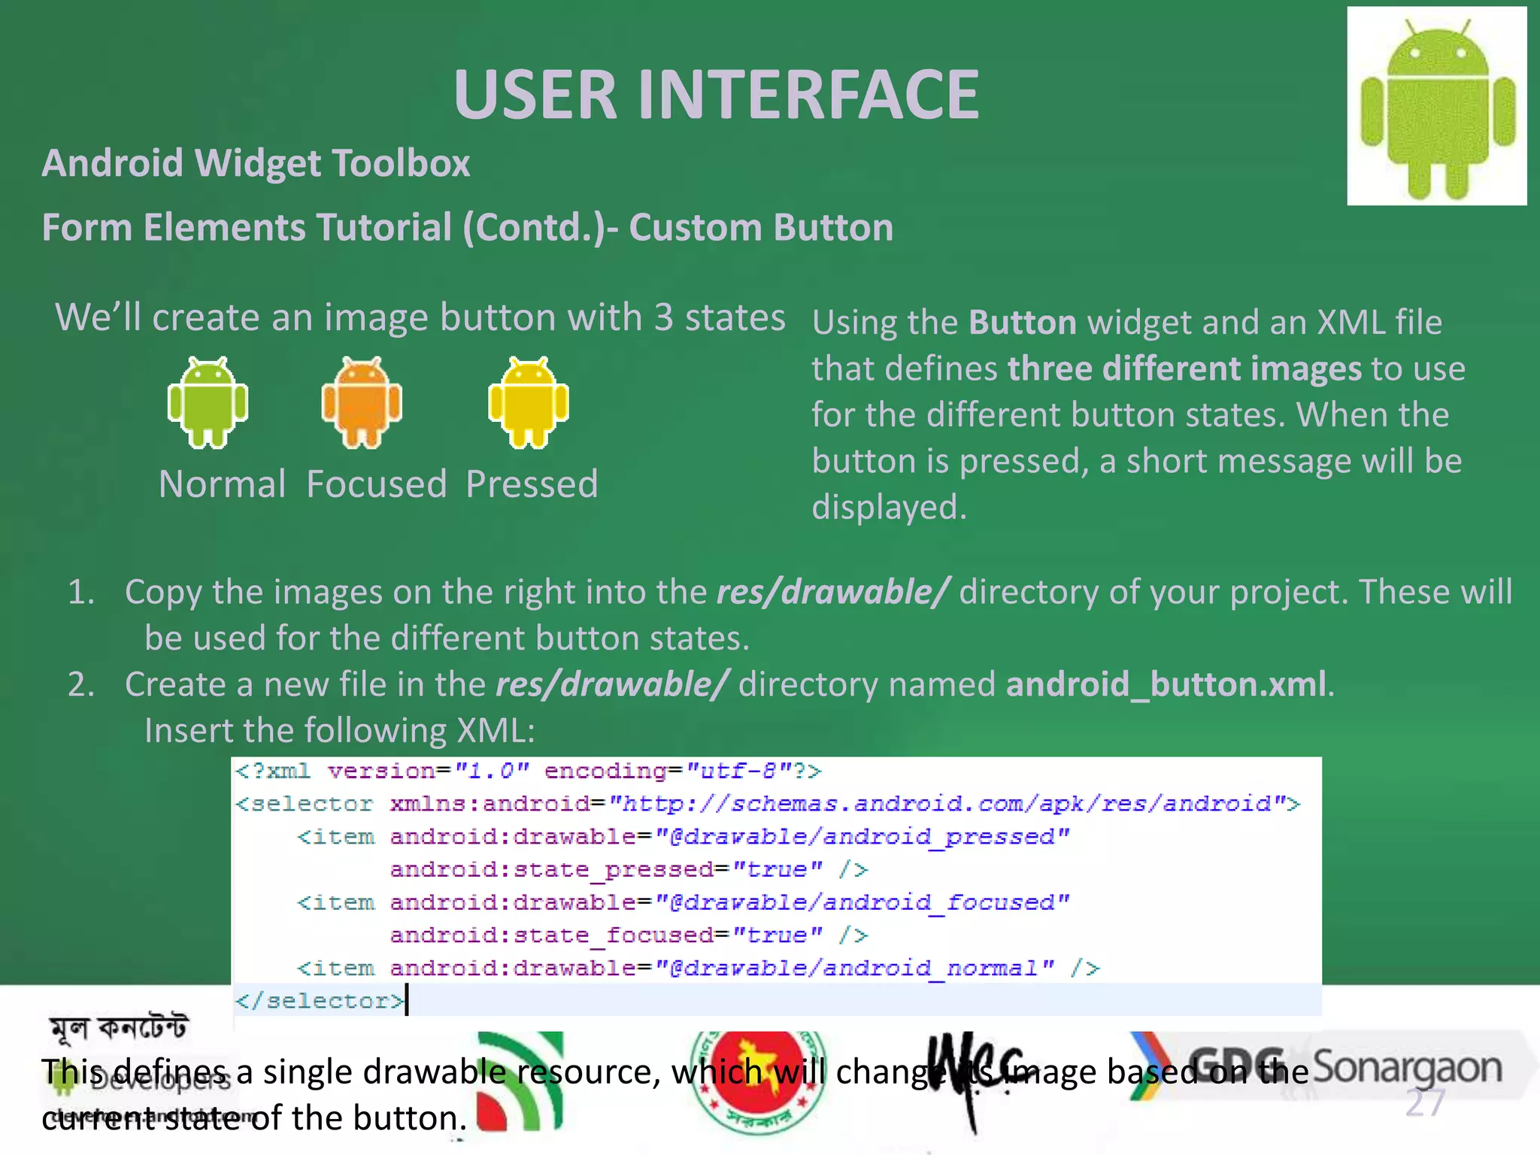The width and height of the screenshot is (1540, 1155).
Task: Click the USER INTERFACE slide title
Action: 716,95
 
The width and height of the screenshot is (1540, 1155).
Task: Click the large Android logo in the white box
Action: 1437,108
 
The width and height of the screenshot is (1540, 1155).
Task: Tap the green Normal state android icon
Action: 208,403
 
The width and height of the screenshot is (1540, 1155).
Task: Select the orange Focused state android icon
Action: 362,403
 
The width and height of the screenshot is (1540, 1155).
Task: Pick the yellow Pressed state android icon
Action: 529,403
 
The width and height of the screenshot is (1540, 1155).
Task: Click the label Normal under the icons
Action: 222,484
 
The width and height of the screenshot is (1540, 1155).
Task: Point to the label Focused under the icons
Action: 377,484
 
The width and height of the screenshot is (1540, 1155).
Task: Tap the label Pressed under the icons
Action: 532,484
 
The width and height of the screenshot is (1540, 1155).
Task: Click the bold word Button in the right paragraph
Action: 1023,323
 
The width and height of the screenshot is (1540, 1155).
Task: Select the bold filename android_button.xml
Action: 1166,685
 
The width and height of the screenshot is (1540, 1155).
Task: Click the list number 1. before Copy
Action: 81,593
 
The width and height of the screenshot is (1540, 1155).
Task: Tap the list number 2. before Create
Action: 81,685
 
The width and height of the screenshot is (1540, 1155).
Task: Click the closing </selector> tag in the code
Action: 320,1001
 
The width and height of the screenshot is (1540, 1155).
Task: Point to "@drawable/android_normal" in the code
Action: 855,968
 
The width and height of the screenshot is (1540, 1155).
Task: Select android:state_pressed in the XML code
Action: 551,870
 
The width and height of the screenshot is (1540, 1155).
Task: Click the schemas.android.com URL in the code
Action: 953,805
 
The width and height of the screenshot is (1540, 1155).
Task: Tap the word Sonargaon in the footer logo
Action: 1407,1068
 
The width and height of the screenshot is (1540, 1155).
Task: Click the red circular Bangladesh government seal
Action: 757,1079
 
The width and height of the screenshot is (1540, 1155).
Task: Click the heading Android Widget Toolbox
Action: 256,163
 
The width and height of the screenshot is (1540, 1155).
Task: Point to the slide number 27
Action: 1425,1104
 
